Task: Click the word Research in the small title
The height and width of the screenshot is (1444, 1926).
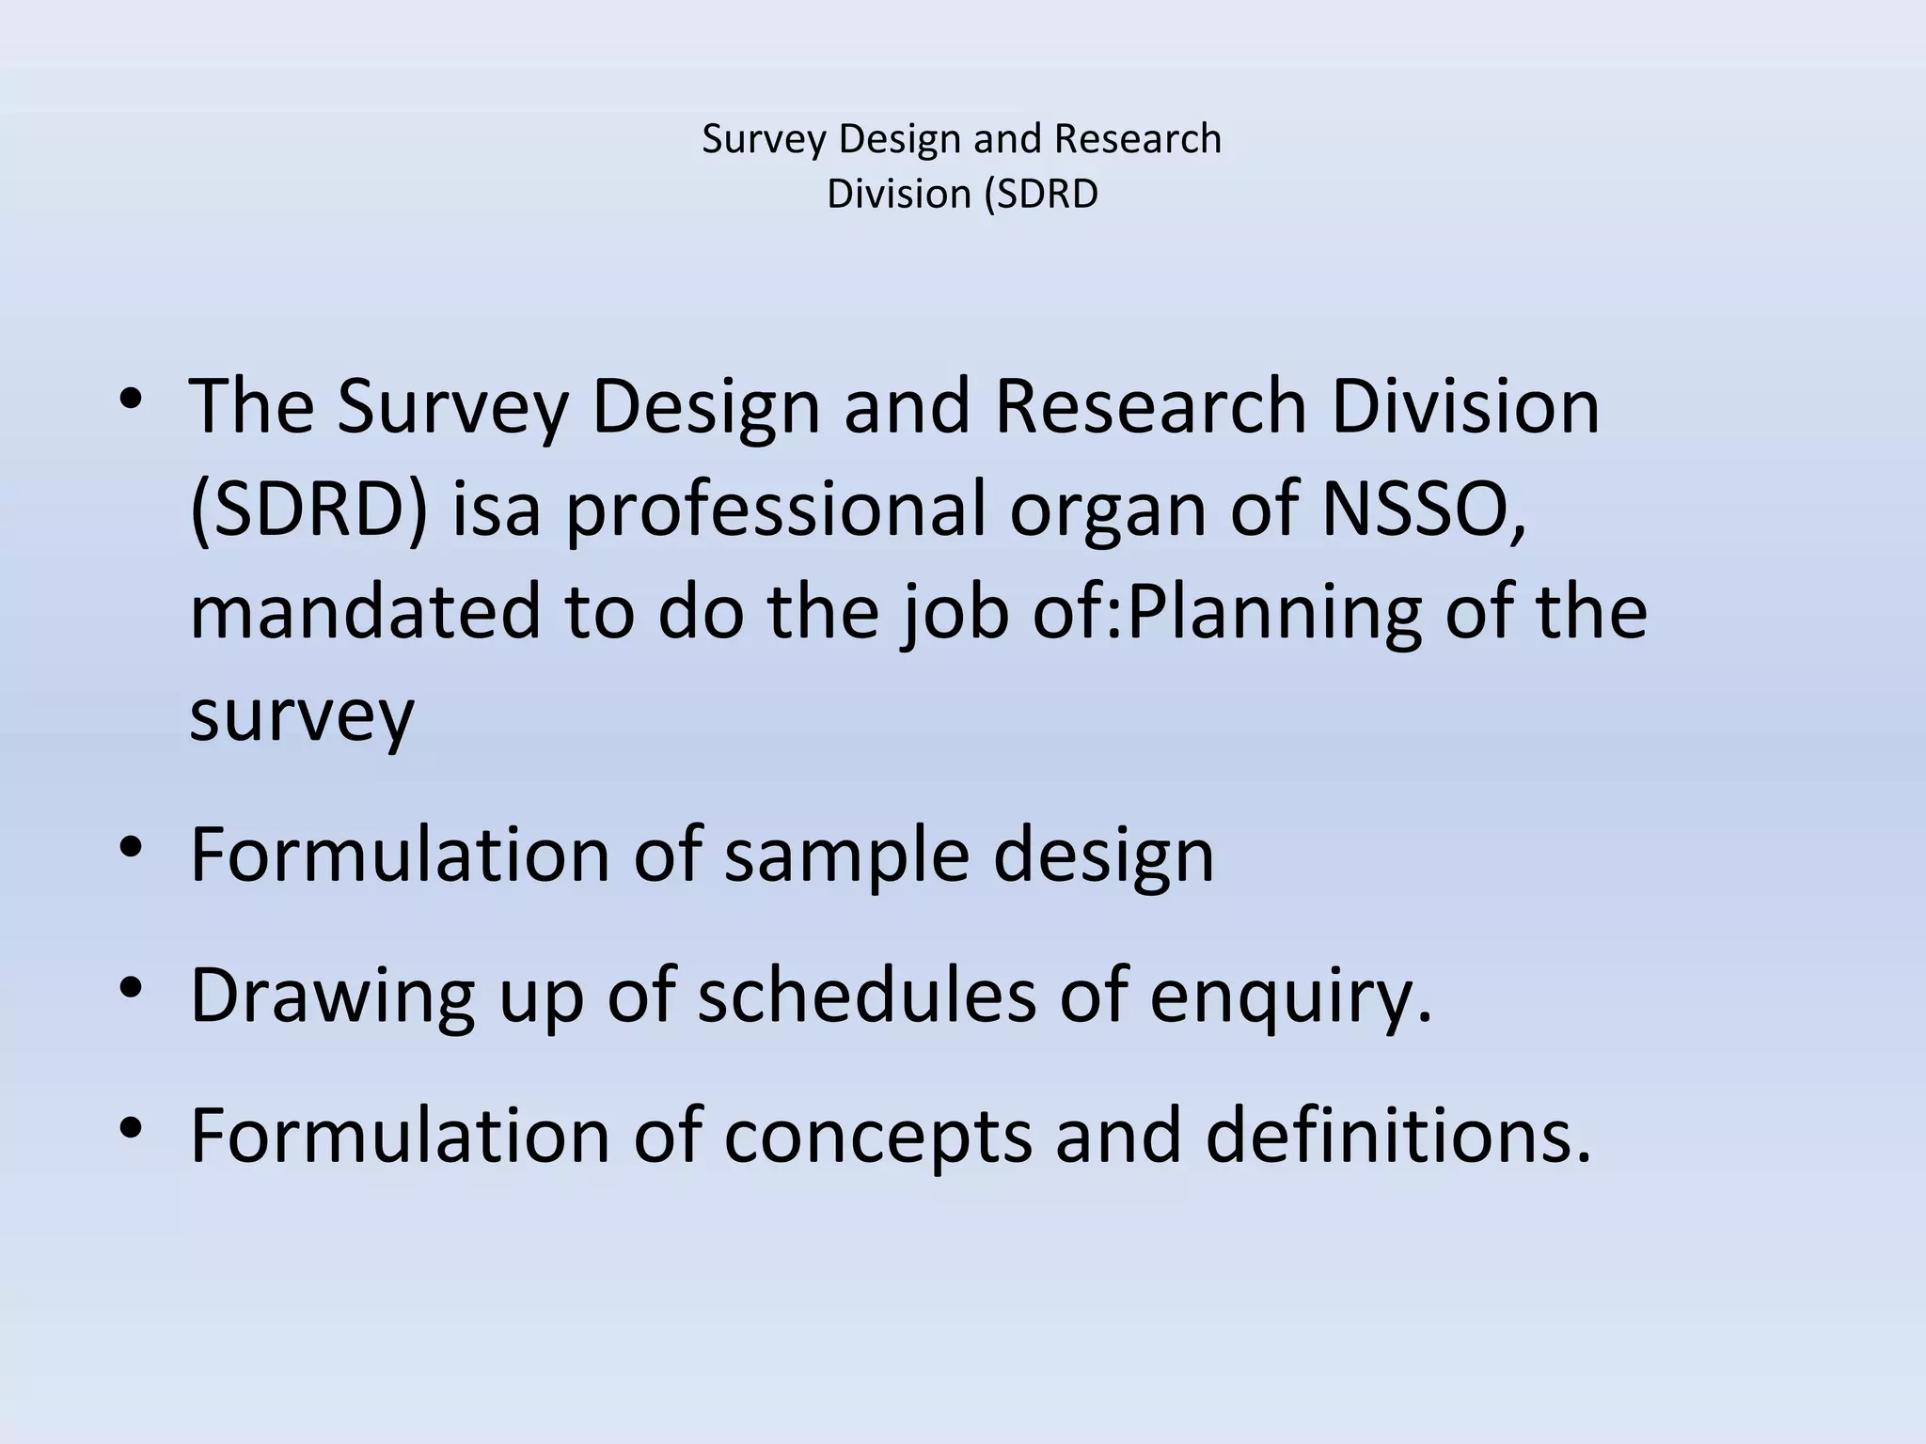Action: (x=1137, y=139)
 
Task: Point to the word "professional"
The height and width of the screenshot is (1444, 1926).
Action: (x=776, y=510)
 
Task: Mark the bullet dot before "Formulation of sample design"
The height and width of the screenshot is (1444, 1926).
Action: (x=131, y=846)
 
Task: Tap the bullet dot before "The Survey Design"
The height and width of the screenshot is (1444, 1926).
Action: (x=131, y=398)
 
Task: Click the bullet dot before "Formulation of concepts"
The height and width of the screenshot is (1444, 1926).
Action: (x=131, y=1126)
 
